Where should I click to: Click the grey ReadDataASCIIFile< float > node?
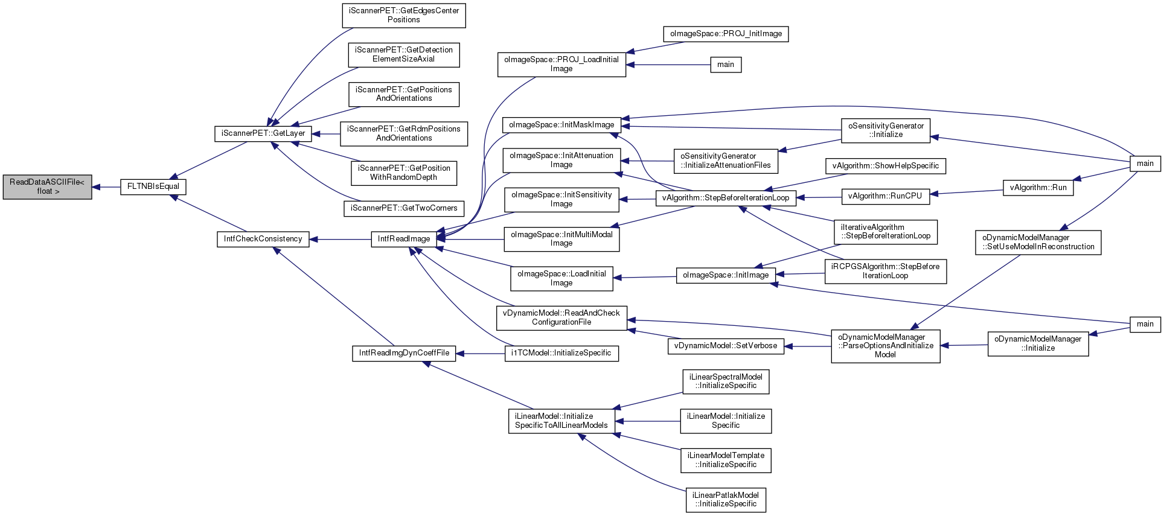click(x=47, y=187)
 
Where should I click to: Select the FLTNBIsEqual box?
click(x=153, y=187)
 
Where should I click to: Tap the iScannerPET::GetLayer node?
click(x=263, y=133)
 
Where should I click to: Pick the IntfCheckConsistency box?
click(x=263, y=239)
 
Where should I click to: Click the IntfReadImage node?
click(x=404, y=239)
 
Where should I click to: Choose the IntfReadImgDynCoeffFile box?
click(x=404, y=353)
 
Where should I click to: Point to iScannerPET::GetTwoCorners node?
click(x=404, y=208)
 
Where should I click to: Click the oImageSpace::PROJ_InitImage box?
click(x=726, y=34)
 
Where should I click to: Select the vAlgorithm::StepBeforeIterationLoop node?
click(x=726, y=198)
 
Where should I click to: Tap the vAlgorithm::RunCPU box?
click(x=885, y=196)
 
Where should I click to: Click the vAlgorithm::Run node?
click(x=1038, y=188)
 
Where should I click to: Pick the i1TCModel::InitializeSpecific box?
click(x=561, y=353)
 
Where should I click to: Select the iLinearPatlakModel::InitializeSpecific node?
click(x=726, y=500)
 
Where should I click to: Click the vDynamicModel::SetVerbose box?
click(x=726, y=346)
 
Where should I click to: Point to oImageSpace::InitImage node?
click(x=726, y=276)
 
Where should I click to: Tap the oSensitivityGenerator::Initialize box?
click(x=886, y=130)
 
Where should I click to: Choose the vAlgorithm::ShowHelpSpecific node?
click(x=885, y=166)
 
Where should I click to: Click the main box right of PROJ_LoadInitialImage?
click(x=726, y=65)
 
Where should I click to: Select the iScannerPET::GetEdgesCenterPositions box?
click(x=404, y=16)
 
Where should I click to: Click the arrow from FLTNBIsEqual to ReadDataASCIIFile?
click(x=106, y=187)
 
